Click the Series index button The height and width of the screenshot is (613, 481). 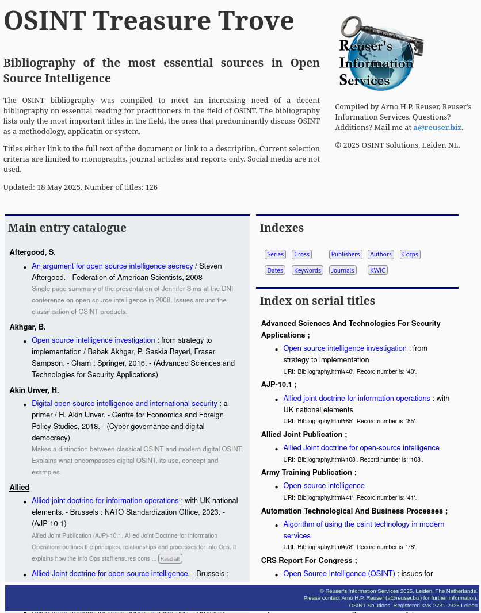(275, 254)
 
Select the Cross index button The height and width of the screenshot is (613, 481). (301, 254)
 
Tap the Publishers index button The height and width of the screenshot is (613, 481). (345, 254)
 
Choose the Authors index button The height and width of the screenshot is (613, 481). (381, 254)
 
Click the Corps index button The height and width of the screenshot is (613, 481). (410, 254)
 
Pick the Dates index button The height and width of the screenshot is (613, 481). (275, 270)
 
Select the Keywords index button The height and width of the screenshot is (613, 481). (307, 270)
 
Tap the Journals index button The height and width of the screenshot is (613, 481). (342, 270)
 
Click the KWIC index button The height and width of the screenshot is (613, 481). (377, 270)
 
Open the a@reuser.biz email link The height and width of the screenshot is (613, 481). (437, 128)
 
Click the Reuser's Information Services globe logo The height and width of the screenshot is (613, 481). (377, 53)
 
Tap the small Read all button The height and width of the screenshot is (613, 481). (170, 558)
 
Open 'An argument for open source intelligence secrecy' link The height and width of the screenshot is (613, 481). (112, 266)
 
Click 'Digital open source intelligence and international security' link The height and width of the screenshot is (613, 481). (124, 404)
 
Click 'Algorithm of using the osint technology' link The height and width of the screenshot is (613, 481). (363, 524)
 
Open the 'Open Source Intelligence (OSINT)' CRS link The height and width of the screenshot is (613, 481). (339, 574)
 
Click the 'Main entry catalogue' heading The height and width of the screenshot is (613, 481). (67, 228)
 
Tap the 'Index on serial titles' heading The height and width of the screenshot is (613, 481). (317, 301)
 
